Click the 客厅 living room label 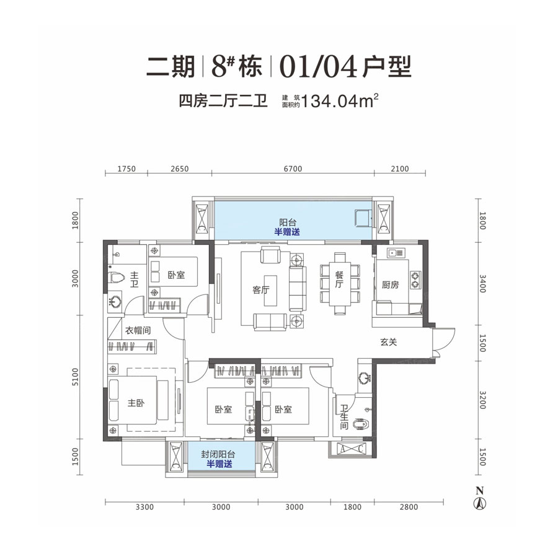(x=260, y=290)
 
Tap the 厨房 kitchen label (x=389, y=285)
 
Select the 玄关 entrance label (x=389, y=341)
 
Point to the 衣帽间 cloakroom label (x=138, y=330)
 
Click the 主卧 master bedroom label (x=136, y=403)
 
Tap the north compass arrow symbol (x=479, y=501)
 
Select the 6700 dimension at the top (x=291, y=169)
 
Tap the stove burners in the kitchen (x=414, y=279)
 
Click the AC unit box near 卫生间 (x=351, y=450)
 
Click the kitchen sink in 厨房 (x=393, y=252)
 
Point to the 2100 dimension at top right (x=401, y=169)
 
